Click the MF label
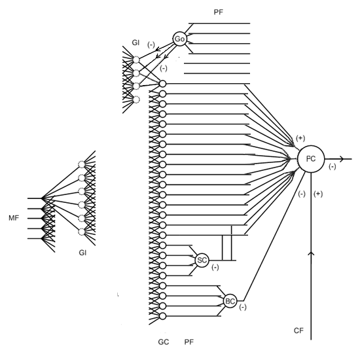coord(14,218)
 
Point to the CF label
coord(298,331)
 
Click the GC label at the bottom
coord(164,342)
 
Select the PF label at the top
coord(219,12)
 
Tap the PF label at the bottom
coord(189,342)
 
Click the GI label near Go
coord(135,43)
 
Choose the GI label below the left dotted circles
coord(82,253)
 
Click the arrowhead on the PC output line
coord(342,158)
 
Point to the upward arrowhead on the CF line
coord(311,253)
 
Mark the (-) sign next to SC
coord(215,267)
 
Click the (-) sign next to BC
coord(243,307)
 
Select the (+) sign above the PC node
coord(300,138)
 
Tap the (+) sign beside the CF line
coord(318,194)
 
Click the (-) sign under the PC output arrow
coord(333,167)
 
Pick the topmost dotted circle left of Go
coord(136,60)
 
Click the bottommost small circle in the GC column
coord(162,316)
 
